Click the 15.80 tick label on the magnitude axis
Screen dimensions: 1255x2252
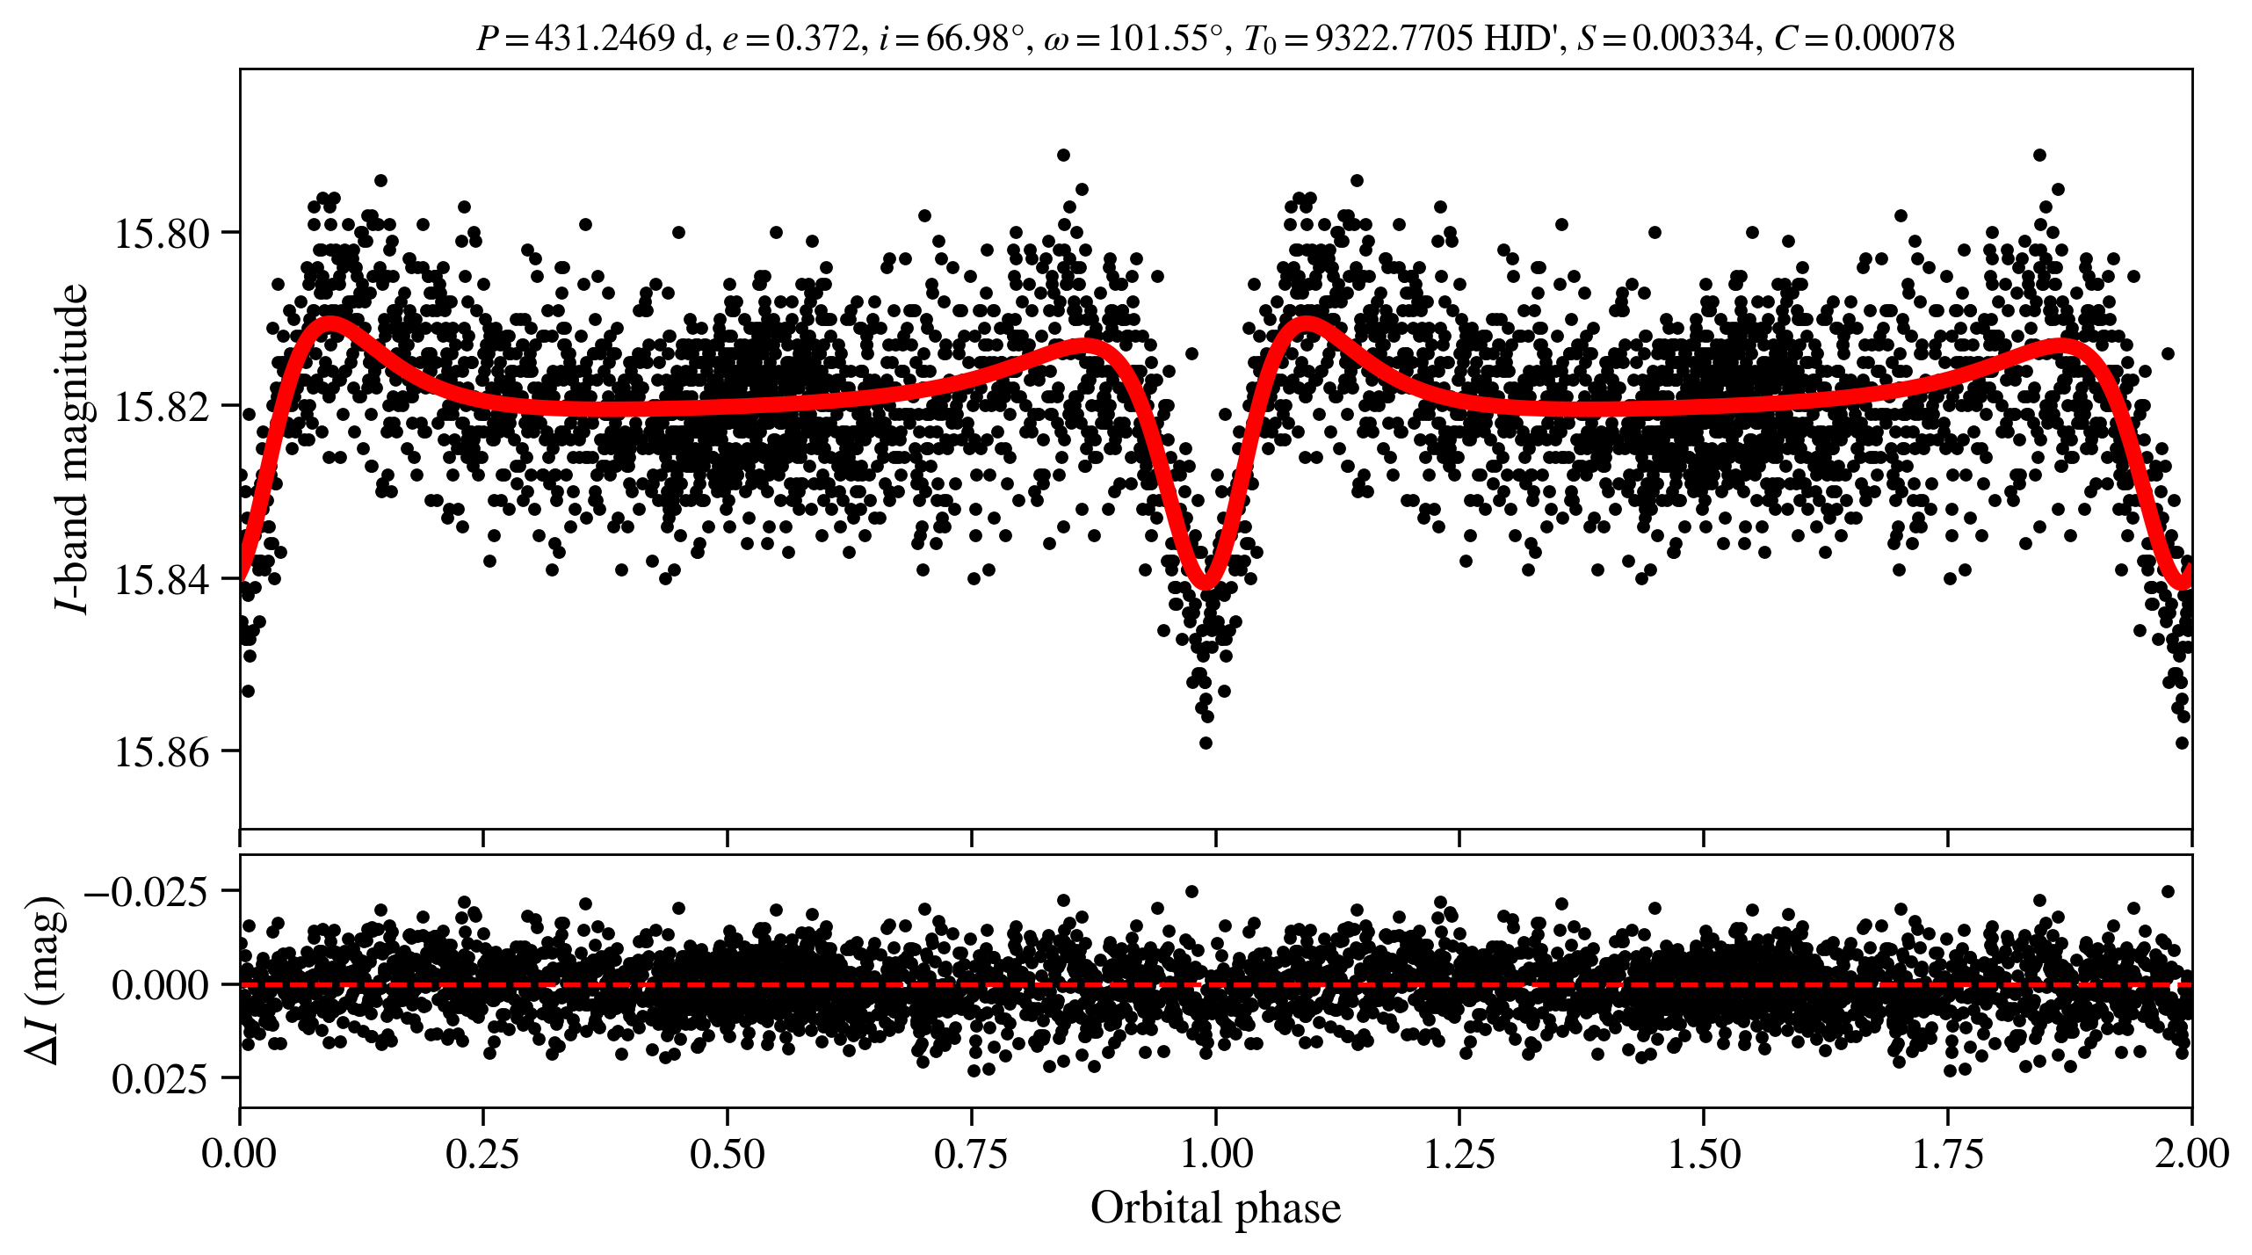162,234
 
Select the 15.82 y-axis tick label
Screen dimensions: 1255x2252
162,407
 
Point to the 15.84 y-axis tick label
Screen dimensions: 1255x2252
162,580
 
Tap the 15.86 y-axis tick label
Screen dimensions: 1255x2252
162,753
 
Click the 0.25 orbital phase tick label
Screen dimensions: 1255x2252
482,1153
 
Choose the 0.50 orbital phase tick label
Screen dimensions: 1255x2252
727,1153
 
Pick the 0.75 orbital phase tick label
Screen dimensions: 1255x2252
971,1153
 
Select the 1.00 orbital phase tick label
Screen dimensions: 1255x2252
1215,1153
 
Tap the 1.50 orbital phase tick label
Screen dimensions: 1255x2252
1704,1153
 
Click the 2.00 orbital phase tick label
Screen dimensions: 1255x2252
2191,1153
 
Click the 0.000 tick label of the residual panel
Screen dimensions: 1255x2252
160,985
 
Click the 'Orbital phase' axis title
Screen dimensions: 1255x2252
1215,1208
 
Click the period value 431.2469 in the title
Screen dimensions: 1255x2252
605,39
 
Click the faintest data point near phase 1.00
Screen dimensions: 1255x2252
1206,743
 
